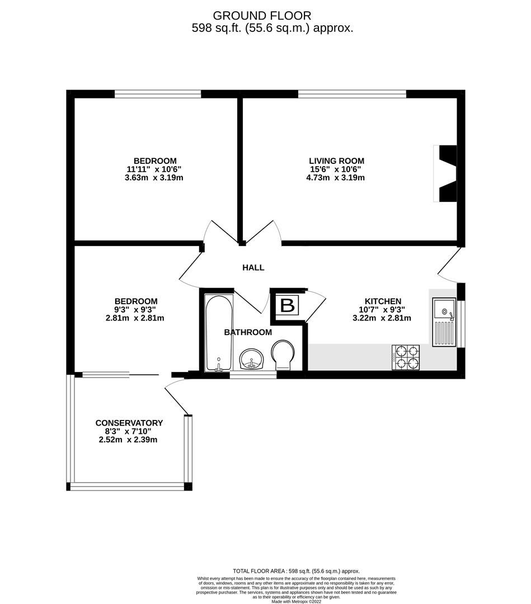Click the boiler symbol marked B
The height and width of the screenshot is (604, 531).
pyautogui.click(x=288, y=306)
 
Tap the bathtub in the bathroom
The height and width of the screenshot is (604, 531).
pyautogui.click(x=218, y=333)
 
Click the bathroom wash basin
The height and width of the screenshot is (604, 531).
pyautogui.click(x=252, y=358)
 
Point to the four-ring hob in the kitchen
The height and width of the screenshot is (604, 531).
pyautogui.click(x=406, y=357)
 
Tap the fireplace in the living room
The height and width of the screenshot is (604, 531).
pyautogui.click(x=446, y=173)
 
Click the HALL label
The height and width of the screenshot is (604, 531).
pyautogui.click(x=253, y=268)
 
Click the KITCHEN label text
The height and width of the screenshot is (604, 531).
pyautogui.click(x=383, y=301)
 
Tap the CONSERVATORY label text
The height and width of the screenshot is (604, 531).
pyautogui.click(x=129, y=423)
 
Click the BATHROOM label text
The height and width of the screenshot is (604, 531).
pyautogui.click(x=248, y=332)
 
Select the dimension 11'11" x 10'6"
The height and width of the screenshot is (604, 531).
pyautogui.click(x=154, y=169)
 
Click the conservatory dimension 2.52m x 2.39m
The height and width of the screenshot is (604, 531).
pyautogui.click(x=129, y=440)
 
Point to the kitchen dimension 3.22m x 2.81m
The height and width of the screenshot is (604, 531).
pyautogui.click(x=383, y=318)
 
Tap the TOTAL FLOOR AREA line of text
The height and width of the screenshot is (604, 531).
pyautogui.click(x=296, y=570)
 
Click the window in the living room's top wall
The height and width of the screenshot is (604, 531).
pyautogui.click(x=352, y=94)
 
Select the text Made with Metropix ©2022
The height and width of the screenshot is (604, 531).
pyautogui.click(x=297, y=602)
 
